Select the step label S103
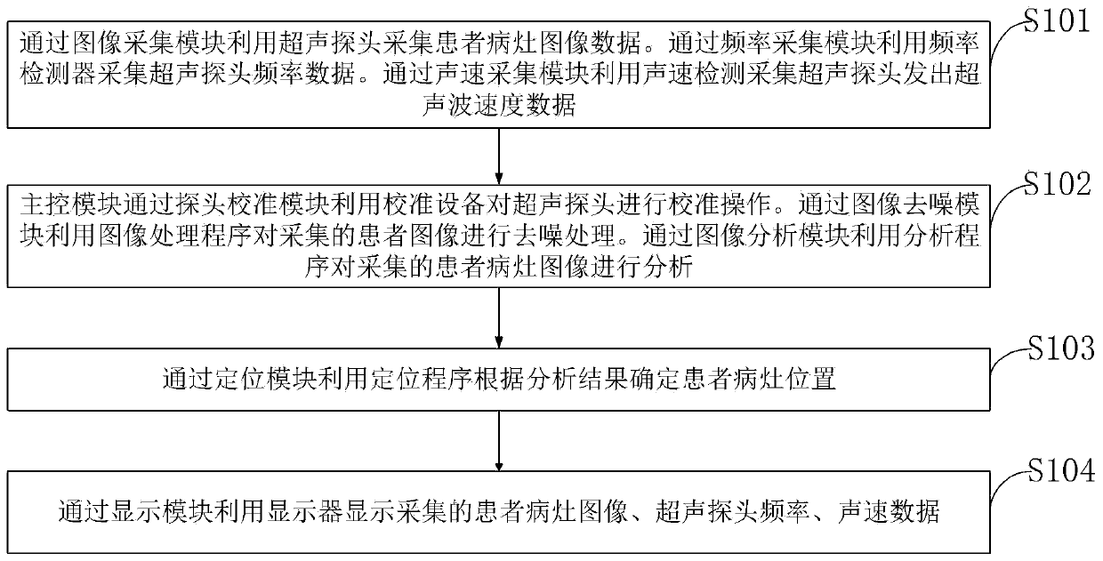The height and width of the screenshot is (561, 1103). pos(1058,349)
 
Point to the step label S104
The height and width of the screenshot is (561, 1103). pos(1058,472)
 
